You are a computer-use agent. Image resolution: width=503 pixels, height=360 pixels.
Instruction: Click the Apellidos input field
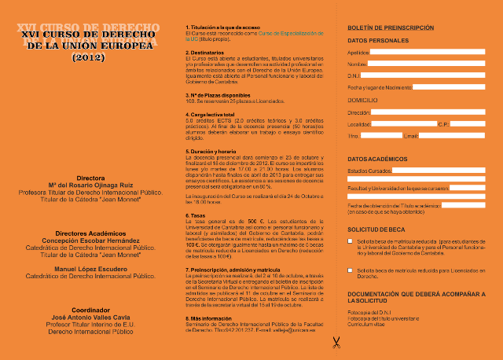click(x=429, y=53)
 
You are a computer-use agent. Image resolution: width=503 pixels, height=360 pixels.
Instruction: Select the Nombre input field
click(x=428, y=64)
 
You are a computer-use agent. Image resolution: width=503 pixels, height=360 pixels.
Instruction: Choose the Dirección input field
click(x=431, y=112)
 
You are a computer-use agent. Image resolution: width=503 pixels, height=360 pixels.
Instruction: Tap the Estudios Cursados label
click(x=368, y=170)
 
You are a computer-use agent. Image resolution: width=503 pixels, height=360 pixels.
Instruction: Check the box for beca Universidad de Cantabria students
click(x=351, y=242)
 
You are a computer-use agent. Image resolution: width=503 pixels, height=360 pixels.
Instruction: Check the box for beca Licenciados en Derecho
click(x=351, y=270)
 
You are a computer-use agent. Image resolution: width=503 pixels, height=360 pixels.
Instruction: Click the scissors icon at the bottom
click(x=336, y=342)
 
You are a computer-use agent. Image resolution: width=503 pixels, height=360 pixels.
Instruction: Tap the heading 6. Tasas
click(x=196, y=215)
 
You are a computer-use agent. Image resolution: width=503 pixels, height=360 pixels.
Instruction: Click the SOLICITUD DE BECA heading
click(x=376, y=228)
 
